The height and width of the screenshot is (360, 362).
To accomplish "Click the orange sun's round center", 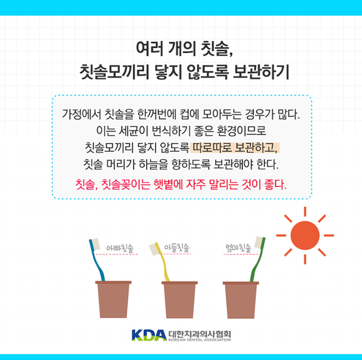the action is tap(305, 235).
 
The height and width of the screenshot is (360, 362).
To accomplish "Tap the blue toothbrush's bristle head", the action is tap(96, 244).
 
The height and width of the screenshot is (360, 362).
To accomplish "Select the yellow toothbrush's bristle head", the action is tap(154, 250).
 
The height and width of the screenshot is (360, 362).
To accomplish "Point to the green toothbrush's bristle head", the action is tap(258, 243).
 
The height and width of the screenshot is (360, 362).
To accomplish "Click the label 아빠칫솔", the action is tap(120, 248).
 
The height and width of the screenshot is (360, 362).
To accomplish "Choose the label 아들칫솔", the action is tap(176, 248).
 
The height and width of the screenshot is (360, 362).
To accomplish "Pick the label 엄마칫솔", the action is tap(238, 248).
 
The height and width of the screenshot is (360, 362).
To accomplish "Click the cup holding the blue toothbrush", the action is tap(113, 299).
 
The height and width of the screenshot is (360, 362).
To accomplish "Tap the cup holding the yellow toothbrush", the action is tap(179, 300).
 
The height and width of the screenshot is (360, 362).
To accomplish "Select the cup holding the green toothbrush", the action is tap(241, 300).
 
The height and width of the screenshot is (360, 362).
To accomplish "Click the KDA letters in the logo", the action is tap(149, 335).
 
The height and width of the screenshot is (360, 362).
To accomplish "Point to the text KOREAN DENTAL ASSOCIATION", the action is tap(200, 339).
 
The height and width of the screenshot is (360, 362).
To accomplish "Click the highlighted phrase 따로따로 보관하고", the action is tap(235, 148).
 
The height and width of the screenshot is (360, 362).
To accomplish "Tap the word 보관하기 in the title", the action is tap(261, 72).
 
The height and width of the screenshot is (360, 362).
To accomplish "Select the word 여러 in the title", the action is tap(150, 48).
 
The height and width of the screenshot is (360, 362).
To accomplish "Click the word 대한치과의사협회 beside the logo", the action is tap(200, 333).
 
